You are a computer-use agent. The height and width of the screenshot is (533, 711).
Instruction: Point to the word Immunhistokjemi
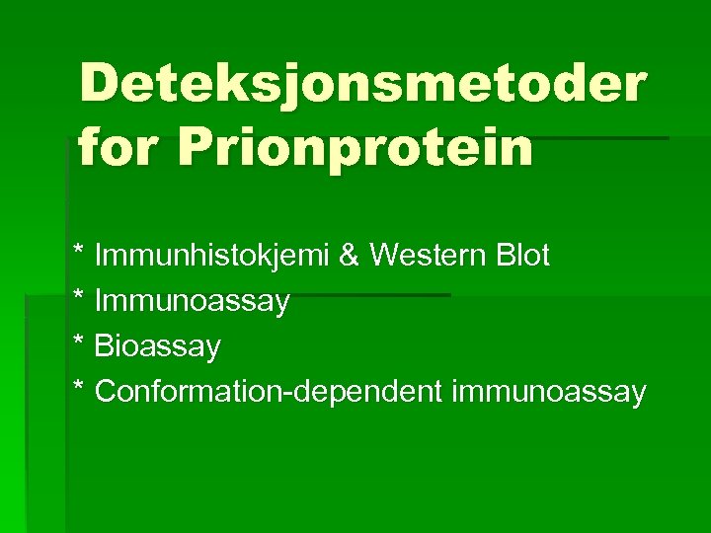[x=211, y=257]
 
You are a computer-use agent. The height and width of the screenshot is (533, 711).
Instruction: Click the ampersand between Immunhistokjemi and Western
[x=349, y=257]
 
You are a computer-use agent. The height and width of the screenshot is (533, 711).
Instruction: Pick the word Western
[x=426, y=257]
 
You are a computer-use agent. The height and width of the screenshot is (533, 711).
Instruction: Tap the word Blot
[x=521, y=257]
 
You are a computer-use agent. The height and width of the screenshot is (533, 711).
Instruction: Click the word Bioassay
[x=158, y=346]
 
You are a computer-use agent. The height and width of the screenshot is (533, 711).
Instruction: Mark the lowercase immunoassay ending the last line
[x=549, y=392]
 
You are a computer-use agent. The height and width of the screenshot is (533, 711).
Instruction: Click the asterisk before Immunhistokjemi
[x=79, y=252]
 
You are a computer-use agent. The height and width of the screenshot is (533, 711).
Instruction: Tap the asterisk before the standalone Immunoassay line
[x=79, y=297]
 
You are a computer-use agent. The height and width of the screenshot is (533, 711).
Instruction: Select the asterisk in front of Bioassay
[x=79, y=343]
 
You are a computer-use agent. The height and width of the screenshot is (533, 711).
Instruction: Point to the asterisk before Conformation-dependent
[x=79, y=388]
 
